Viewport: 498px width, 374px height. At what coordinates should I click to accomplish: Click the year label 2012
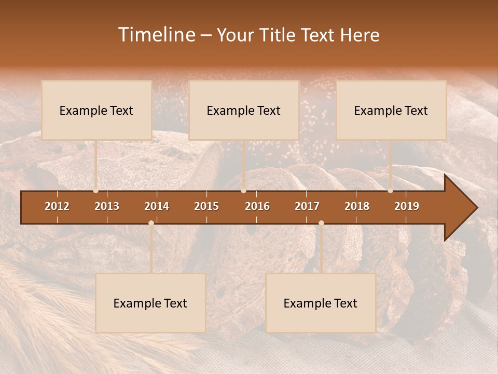57,206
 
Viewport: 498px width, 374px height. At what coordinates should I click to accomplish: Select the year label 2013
107,206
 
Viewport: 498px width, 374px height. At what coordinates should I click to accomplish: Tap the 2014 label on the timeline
157,206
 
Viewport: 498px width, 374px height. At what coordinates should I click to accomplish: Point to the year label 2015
206,206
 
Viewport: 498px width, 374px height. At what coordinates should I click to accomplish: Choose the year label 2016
257,206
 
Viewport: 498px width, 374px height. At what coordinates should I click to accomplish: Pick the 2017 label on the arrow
307,206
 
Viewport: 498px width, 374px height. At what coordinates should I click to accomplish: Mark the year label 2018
357,206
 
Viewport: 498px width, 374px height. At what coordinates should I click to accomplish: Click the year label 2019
407,206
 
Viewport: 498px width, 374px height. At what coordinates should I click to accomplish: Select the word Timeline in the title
156,35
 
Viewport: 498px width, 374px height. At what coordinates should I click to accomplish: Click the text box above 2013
96,110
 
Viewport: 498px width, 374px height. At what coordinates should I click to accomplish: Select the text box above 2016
244,110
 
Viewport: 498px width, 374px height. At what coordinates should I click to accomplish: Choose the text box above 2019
391,110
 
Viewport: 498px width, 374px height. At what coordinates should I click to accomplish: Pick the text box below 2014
150,303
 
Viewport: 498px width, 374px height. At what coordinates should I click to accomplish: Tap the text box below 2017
321,303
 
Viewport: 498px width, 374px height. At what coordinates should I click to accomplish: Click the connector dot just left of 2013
96,191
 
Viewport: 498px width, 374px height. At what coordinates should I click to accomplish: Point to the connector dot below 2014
151,223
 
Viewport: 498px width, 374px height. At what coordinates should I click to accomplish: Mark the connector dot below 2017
321,223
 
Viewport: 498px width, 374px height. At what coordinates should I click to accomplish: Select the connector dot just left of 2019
391,191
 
